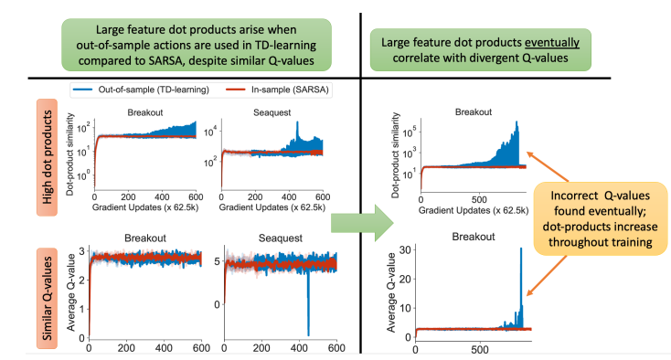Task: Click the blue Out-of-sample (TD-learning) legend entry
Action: tap(142, 90)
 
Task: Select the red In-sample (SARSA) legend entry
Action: tap(278, 90)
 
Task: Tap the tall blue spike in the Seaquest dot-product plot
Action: tap(297, 134)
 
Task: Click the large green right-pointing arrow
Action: tap(362, 223)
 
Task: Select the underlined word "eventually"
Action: tap(552, 42)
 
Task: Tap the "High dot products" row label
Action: tap(47, 157)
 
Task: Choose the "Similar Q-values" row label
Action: tap(47, 298)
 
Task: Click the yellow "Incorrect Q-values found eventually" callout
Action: tap(600, 218)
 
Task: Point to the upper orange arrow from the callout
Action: tap(548, 166)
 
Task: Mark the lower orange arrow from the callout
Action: tap(547, 275)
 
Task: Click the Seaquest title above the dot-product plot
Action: tap(272, 112)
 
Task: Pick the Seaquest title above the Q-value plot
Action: tap(281, 238)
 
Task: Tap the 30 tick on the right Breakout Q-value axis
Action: tap(405, 249)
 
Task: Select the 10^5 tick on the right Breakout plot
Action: tap(410, 132)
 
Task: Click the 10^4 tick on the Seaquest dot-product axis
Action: tap(210, 132)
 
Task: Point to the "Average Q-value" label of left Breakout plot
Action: tap(71, 292)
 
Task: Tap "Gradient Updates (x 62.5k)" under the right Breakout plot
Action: tap(474, 210)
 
